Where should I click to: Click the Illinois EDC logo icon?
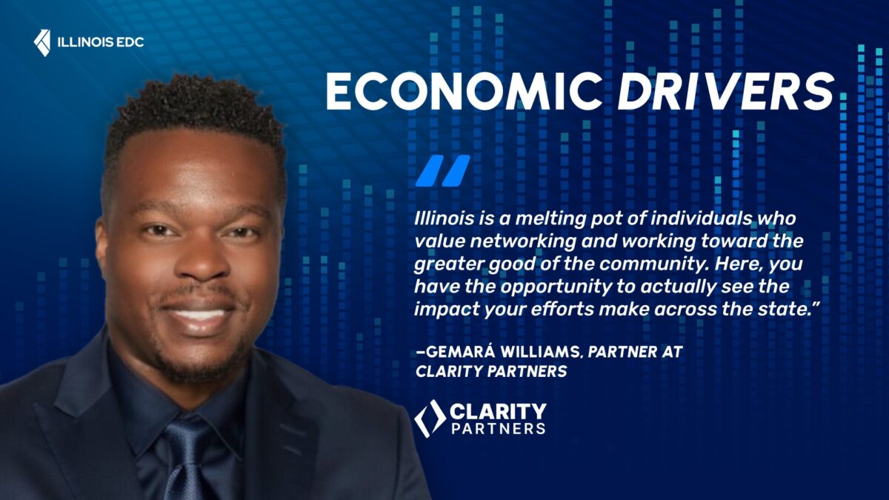tap(42, 42)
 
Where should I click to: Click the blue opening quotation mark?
tap(442, 170)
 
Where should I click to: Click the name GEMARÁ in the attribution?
tap(462, 352)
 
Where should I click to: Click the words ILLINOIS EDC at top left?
tap(100, 42)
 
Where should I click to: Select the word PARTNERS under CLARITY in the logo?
tap(498, 428)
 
